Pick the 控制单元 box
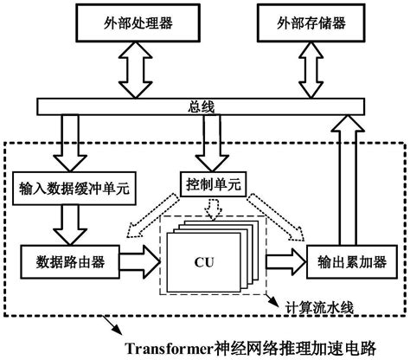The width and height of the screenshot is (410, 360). [207, 183]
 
